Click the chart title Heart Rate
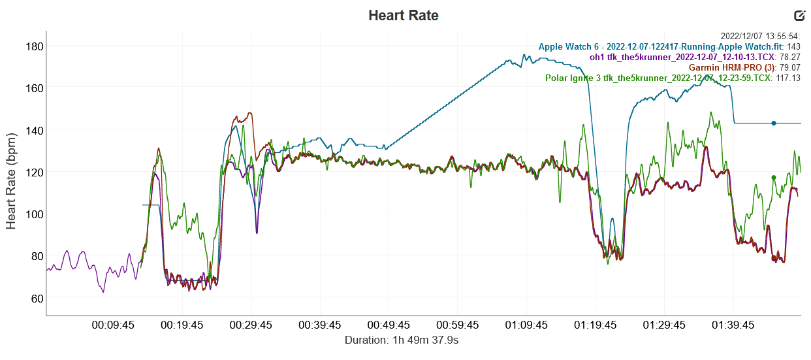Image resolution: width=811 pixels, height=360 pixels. click(x=404, y=15)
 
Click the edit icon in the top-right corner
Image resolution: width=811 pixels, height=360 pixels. click(x=799, y=16)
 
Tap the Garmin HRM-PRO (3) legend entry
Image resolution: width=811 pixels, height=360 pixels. click(x=730, y=67)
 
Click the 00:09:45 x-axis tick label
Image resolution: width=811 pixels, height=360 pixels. click(x=114, y=325)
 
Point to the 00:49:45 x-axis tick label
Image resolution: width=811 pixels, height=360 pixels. click(x=389, y=325)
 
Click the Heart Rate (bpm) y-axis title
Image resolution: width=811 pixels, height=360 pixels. click(x=12, y=172)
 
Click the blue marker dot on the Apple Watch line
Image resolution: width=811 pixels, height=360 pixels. click(x=774, y=123)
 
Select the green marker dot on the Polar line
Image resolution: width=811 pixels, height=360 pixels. click(x=774, y=177)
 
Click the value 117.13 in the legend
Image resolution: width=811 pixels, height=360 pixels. click(x=787, y=78)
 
